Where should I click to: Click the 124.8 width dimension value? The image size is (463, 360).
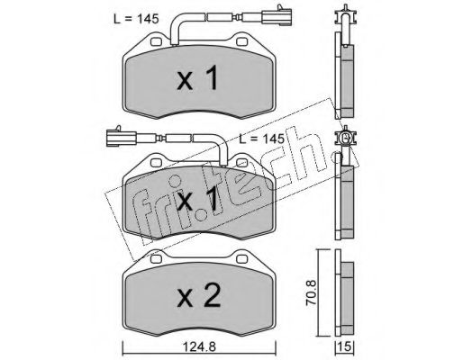(x=199, y=347)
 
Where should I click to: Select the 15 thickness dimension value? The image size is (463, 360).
(x=345, y=347)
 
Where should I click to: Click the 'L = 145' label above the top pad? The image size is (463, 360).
(x=136, y=19)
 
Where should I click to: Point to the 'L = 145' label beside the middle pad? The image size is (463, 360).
(x=261, y=139)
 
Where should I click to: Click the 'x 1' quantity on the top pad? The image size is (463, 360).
(x=197, y=78)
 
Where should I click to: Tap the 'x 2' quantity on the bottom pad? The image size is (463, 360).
(x=199, y=295)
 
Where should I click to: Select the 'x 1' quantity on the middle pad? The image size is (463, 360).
(x=197, y=198)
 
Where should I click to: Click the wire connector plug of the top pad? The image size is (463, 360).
(x=277, y=16)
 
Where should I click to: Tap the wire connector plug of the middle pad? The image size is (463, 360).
(x=121, y=139)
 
